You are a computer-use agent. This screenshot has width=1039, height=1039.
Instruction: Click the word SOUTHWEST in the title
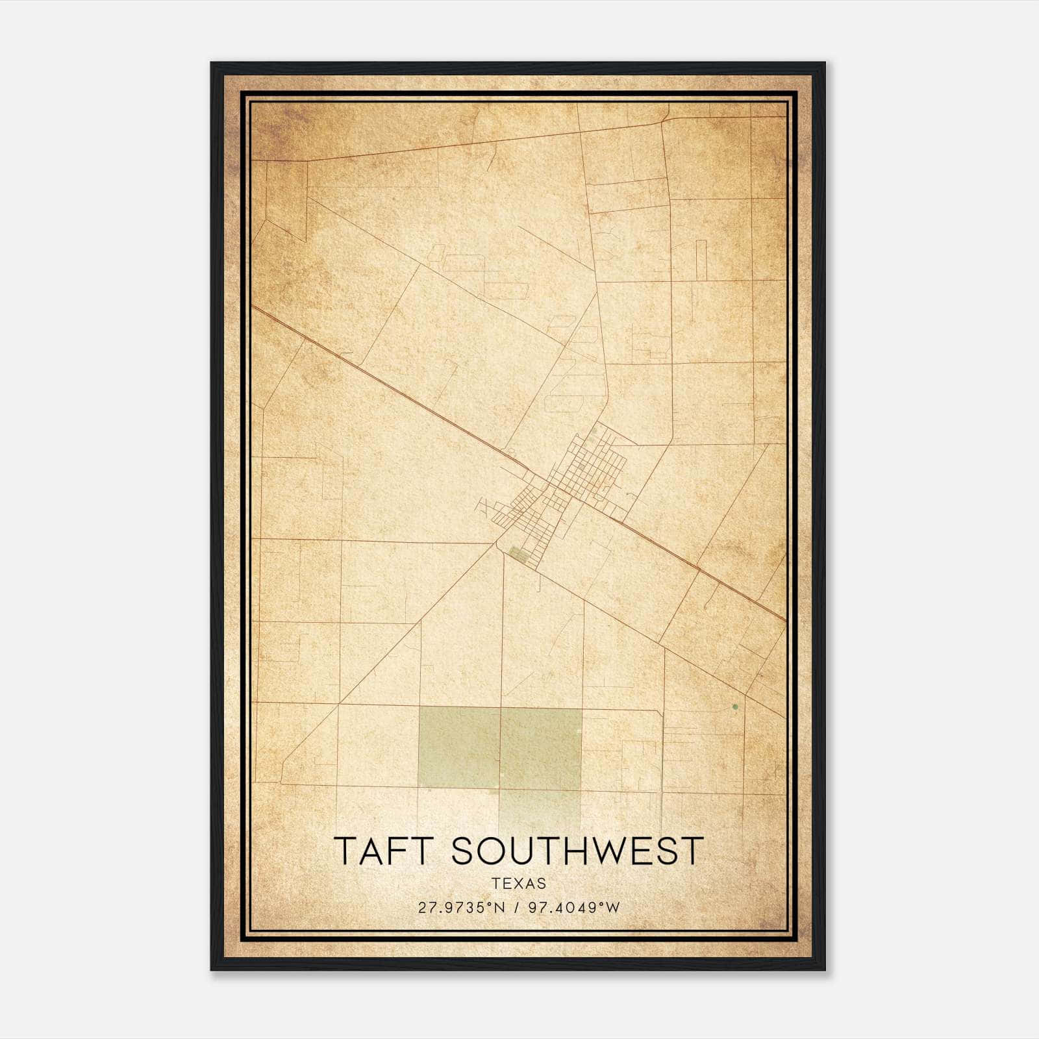point(577,851)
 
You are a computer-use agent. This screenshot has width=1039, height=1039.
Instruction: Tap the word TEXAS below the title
point(519,883)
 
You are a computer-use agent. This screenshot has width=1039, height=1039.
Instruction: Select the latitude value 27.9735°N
point(461,908)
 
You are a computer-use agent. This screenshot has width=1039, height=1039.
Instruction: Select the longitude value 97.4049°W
point(574,908)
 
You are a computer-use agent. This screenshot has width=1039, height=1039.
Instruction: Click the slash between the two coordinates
point(517,908)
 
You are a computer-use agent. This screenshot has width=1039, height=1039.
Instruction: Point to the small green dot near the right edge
point(734,707)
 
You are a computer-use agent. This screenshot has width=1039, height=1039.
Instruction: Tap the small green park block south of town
point(518,554)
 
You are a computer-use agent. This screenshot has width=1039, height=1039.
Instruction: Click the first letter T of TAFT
point(346,851)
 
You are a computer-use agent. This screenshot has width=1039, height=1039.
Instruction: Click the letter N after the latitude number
point(499,908)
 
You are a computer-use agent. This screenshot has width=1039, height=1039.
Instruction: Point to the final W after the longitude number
point(613,908)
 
